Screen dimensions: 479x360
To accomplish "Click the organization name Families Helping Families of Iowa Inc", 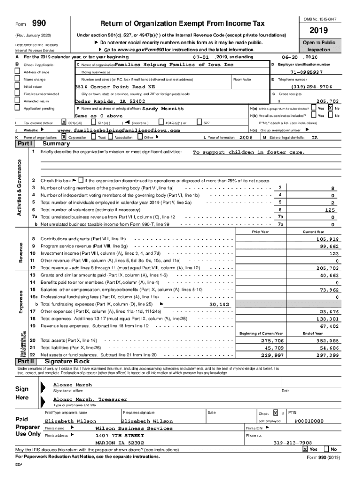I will tap(173, 65).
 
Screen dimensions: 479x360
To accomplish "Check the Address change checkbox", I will tap(18, 73).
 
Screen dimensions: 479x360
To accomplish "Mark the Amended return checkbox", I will tap(18, 101).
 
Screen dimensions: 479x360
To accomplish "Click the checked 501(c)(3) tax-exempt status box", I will tap(64, 123).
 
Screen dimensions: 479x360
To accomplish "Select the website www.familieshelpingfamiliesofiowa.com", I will tap(118, 130).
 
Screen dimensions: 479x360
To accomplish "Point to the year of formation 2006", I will tap(246, 138).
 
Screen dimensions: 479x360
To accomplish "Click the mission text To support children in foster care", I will tap(249, 152).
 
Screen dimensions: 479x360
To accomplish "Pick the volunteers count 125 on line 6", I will tap(330, 210).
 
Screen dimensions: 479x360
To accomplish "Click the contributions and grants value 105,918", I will tap(327, 239).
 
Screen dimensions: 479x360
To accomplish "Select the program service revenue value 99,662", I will tap(329, 247).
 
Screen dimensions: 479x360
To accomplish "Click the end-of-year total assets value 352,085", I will tap(327, 341).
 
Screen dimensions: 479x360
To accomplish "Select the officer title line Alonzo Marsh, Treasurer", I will tap(90, 399).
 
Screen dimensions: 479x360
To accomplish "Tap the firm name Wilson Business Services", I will tap(134, 428).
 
